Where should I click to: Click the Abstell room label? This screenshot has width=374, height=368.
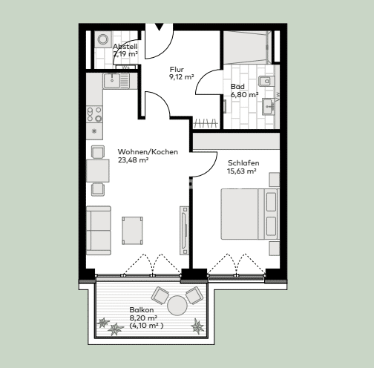pyautogui.click(x=125, y=46)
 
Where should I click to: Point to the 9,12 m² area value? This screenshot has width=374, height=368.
pyautogui.click(x=182, y=76)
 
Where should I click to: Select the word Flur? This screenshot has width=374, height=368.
pyautogui.click(x=177, y=69)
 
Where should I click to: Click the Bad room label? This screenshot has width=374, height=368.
pyautogui.click(x=237, y=86)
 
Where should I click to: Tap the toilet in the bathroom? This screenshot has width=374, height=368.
pyautogui.click(x=269, y=81)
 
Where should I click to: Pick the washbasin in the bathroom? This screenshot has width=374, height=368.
pyautogui.click(x=269, y=106)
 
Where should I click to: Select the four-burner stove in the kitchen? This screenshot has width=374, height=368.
pyautogui.click(x=95, y=113)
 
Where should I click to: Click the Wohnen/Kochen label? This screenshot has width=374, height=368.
pyautogui.click(x=148, y=152)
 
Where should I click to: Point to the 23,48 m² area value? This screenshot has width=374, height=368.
pyautogui.click(x=134, y=160)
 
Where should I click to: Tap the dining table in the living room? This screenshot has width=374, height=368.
pyautogui.click(x=97, y=170)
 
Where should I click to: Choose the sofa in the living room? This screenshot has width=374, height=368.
pyautogui.click(x=98, y=230)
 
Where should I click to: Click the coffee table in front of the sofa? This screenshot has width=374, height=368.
pyautogui.click(x=133, y=229)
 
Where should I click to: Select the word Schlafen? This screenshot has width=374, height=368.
pyautogui.click(x=243, y=162)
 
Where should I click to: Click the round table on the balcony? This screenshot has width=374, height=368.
pyautogui.click(x=177, y=305)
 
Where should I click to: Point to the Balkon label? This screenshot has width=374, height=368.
pyautogui.click(x=141, y=309)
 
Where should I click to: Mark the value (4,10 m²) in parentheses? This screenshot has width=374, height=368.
pyautogui.click(x=146, y=325)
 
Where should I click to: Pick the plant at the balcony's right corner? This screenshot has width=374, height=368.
pyautogui.click(x=197, y=326)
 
